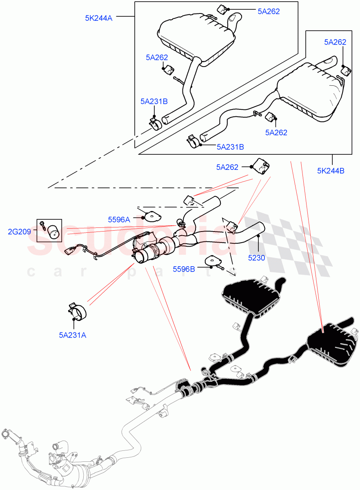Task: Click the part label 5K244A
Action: [98, 18]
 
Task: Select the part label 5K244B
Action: [331, 171]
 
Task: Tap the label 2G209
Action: [19, 232]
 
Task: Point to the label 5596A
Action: [119, 220]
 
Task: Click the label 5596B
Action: [184, 269]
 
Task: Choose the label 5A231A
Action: [73, 335]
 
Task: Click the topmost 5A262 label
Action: [269, 11]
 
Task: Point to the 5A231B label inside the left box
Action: [154, 101]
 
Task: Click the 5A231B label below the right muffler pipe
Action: [230, 147]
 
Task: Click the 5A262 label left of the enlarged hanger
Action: [227, 167]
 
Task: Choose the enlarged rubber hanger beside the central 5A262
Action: [261, 166]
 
